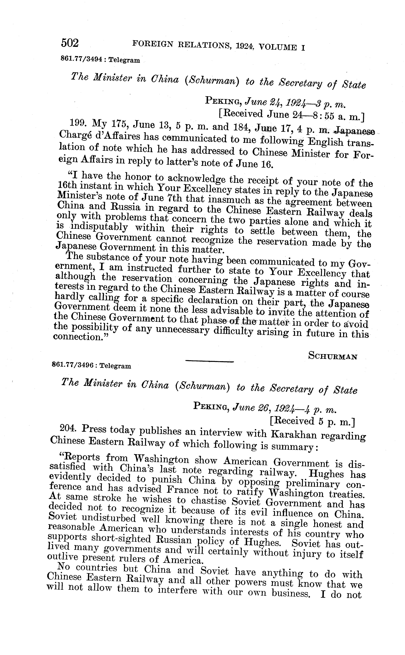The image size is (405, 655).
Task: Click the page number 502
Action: (70, 43)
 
